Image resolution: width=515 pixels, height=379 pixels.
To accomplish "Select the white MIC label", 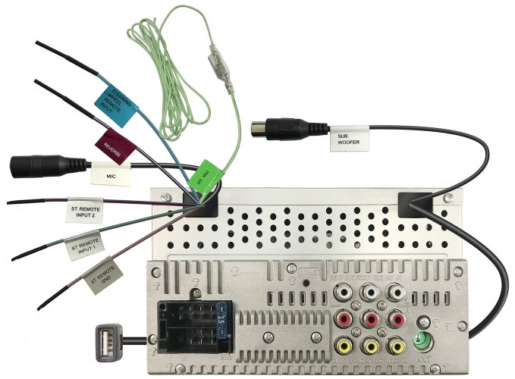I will (110, 174).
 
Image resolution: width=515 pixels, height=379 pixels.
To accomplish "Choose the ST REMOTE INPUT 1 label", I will (86, 248).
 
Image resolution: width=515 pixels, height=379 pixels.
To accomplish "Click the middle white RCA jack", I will (370, 292).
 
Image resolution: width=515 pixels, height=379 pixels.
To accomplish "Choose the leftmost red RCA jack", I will (344, 320).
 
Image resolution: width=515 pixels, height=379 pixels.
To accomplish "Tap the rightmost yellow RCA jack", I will (396, 348).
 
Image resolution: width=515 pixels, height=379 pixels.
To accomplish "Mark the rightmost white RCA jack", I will (395, 292).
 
